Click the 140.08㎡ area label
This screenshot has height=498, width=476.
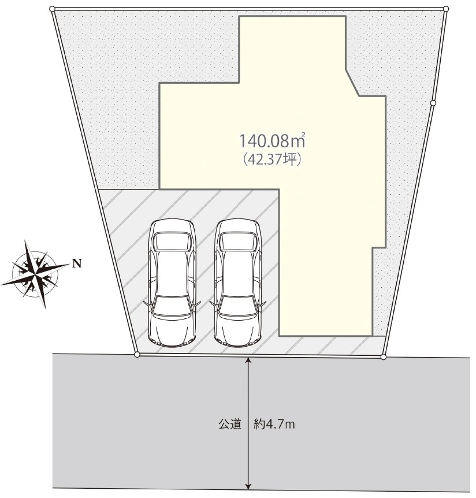272,141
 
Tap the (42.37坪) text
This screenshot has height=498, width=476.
272,159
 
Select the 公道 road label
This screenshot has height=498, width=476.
230,424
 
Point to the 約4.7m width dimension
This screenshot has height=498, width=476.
274,424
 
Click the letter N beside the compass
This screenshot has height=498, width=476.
77,263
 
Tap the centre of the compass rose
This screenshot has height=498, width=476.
35,274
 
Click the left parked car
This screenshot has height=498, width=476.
172,282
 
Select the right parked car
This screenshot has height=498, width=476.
238,282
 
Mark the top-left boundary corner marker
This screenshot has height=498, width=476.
53,9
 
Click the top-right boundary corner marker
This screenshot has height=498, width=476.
446,9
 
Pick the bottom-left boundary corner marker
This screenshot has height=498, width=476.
137,355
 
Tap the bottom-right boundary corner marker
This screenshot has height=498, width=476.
383,357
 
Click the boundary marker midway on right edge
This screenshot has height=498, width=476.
433,103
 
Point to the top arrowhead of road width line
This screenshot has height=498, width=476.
248,360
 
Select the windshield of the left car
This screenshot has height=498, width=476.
172,306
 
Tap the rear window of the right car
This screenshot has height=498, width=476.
238,241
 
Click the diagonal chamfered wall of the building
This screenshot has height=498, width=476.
352,82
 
